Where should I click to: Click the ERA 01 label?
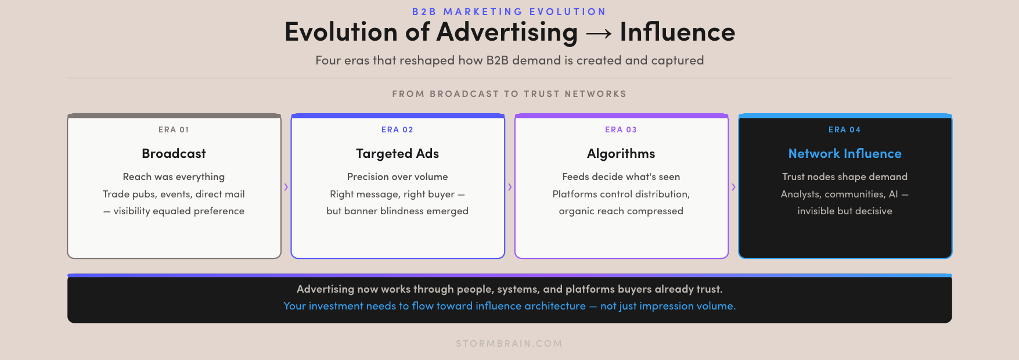tap(174, 129)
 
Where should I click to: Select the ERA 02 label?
tap(397, 129)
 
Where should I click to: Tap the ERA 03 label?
tap(621, 129)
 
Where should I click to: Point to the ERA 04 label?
tap(844, 129)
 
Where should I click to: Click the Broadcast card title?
tap(174, 153)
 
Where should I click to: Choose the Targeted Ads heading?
tap(397, 154)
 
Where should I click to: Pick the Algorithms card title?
tap(621, 154)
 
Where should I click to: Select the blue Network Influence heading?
tap(845, 153)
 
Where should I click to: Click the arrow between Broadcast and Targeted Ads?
tap(286, 187)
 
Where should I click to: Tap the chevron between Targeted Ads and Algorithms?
tap(510, 187)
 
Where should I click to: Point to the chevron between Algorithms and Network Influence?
tap(733, 187)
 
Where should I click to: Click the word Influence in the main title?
tap(678, 32)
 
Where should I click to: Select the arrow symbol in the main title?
tap(599, 34)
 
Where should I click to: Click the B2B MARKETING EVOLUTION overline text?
tap(509, 12)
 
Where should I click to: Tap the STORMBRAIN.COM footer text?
tap(509, 343)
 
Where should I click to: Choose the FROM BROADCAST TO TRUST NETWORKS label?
tap(509, 93)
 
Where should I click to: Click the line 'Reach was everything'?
tap(174, 177)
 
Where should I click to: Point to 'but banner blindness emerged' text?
tap(397, 211)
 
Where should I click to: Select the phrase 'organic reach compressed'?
tap(621, 211)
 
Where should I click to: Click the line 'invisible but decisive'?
tap(844, 211)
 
